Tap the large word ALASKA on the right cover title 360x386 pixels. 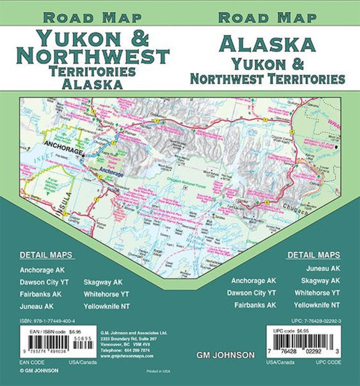267,45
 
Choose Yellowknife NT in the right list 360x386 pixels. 317,305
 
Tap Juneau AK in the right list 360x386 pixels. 324,268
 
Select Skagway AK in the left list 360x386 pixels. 103,281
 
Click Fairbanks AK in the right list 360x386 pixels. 253,305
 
